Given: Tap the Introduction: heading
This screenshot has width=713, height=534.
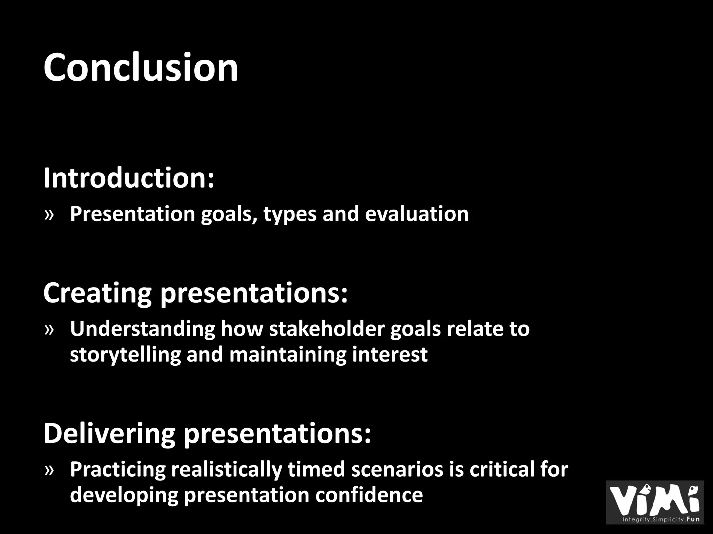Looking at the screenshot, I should [x=128, y=178].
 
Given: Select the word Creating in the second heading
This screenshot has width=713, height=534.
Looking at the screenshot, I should [x=97, y=293].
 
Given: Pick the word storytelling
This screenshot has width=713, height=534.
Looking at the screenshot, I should [x=125, y=355].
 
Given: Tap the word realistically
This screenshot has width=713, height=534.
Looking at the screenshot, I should [x=226, y=469].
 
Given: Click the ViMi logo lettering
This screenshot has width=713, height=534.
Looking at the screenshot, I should [x=655, y=500].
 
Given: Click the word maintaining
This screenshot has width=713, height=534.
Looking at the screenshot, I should [x=288, y=355].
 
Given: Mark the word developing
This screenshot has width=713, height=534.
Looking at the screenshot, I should [x=124, y=495].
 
